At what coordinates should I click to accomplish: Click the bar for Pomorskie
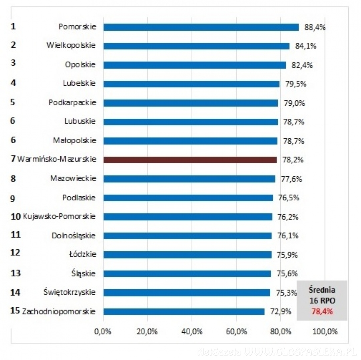point(201,27)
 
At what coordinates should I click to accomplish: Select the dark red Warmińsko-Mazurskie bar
point(190,160)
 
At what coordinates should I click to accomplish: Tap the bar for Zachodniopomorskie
point(184,311)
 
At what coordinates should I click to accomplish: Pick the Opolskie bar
point(195,65)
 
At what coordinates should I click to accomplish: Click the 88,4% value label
point(315,27)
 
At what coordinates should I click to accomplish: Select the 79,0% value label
point(294,103)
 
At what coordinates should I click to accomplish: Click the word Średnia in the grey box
point(322,290)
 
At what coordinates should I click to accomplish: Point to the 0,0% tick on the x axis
point(103,332)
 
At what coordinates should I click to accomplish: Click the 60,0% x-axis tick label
point(236,332)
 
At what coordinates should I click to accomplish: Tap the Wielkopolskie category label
point(71,45)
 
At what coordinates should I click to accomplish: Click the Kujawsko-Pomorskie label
point(60,216)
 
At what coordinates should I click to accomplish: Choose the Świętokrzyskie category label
point(70,292)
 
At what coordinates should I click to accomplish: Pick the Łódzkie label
point(83,254)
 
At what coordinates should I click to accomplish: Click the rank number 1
point(13,26)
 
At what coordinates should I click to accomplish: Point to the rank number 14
point(15,292)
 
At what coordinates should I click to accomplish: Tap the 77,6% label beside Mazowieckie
point(291,179)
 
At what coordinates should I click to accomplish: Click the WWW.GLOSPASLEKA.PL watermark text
point(299,352)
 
